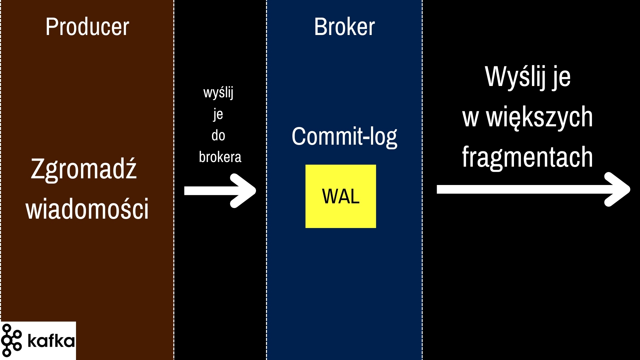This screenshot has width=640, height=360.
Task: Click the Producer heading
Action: tap(87, 27)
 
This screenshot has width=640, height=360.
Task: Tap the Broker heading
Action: tap(344, 27)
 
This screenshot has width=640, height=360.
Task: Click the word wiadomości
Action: tap(87, 209)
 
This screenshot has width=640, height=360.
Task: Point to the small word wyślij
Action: tap(218, 93)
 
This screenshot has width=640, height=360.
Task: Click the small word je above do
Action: tap(218, 114)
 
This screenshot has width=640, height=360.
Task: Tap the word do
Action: tap(218, 136)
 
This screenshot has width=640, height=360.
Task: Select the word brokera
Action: tap(220, 157)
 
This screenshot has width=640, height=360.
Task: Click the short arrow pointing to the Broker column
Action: tap(220, 191)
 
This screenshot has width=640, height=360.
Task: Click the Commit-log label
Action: tap(344, 136)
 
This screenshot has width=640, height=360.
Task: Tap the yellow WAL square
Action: tap(341, 196)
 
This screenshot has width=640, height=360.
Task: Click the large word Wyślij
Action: tap(515, 77)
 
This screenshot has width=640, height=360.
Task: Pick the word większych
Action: tap(540, 117)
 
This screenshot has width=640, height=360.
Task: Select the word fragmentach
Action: tap(527, 157)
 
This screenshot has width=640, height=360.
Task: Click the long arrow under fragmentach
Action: tap(533, 189)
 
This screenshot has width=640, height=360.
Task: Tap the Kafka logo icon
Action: tap(11, 340)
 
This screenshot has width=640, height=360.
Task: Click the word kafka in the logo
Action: tap(51, 341)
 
